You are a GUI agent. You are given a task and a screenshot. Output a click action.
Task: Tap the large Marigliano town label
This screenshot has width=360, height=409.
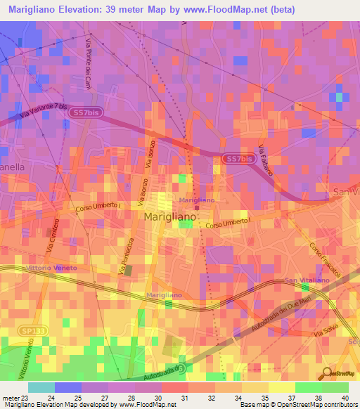point(169,218)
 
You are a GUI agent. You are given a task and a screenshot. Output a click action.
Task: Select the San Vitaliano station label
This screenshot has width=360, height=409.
point(307,280)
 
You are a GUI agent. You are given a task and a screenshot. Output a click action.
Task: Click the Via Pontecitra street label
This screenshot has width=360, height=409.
point(126,257)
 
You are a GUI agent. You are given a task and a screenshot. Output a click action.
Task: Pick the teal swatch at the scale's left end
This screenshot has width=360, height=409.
point(41,387)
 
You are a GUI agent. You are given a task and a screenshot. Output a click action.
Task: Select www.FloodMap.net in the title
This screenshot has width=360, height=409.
point(224,9)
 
